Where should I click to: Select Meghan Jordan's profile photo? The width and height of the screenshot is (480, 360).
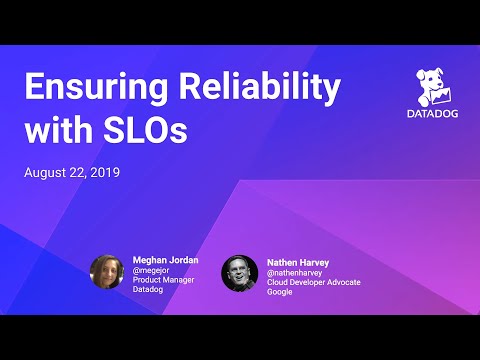tap(107, 272)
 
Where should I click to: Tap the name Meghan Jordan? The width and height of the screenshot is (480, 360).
tap(165, 260)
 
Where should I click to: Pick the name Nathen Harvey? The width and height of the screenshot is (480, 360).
tap(297, 259)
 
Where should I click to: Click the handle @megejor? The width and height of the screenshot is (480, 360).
tap(152, 270)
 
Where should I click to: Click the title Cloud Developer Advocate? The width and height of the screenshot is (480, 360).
tap(313, 281)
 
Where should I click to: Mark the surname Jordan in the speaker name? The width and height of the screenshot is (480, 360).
tap(183, 260)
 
